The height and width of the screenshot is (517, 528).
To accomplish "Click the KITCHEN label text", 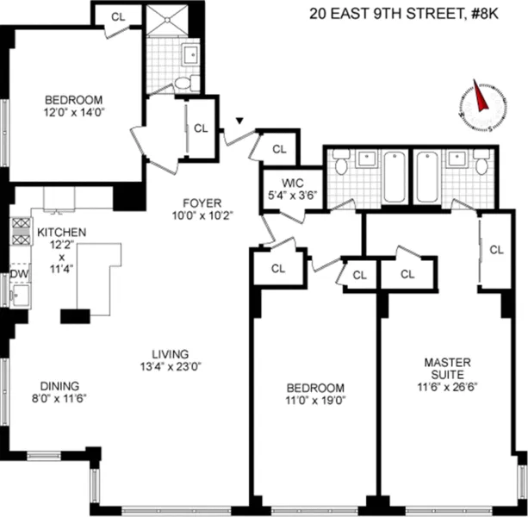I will tap(60, 233).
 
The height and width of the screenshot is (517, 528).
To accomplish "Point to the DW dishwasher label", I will tap(17, 275).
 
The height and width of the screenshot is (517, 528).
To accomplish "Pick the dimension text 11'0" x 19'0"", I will tap(314, 400).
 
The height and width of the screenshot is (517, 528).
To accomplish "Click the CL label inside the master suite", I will tap(496, 250).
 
